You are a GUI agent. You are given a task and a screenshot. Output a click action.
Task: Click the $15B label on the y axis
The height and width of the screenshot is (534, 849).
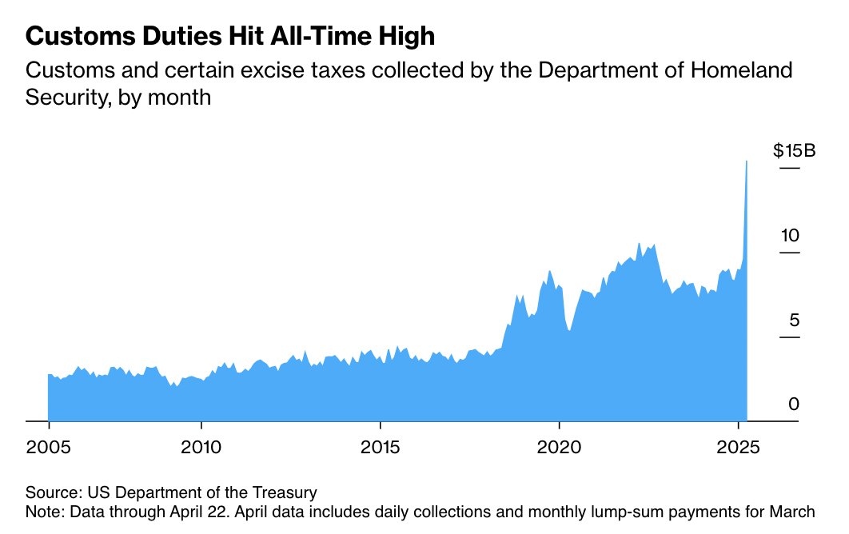pyautogui.click(x=793, y=150)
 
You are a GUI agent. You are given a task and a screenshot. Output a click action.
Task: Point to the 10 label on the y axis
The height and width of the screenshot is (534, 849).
pyautogui.click(x=790, y=235)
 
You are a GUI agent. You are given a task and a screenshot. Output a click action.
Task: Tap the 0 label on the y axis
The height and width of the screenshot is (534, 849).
pyautogui.click(x=793, y=404)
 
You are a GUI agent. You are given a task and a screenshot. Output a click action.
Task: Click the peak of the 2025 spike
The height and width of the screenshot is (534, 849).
pyautogui.click(x=747, y=161)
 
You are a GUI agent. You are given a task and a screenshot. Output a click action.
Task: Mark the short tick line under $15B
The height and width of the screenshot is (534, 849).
pyautogui.click(x=790, y=169)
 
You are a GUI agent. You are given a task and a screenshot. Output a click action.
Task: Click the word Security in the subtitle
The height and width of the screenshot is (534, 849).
pyautogui.click(x=61, y=98)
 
